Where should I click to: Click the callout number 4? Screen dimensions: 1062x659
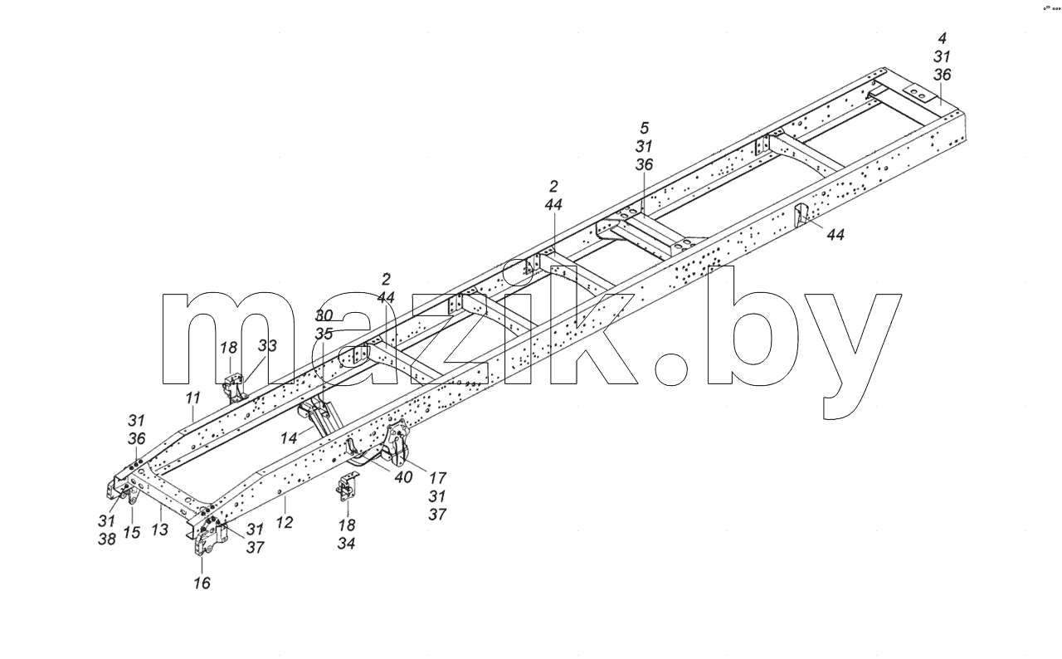(x=942, y=38)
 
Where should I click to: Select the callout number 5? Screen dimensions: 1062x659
(x=644, y=128)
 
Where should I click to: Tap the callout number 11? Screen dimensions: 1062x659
(x=192, y=398)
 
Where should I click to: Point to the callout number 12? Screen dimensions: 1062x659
(x=284, y=522)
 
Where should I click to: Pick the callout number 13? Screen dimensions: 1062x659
(x=160, y=530)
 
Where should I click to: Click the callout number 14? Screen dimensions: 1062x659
(x=289, y=438)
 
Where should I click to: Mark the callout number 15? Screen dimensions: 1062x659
(x=132, y=532)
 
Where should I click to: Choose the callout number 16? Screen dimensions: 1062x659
(x=202, y=583)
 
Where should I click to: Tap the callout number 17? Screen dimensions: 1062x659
(x=437, y=478)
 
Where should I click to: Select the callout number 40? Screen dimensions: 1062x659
(x=403, y=477)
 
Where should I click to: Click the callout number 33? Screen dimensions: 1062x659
(x=267, y=345)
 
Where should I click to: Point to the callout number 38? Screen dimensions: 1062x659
(x=107, y=539)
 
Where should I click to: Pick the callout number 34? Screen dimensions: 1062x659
(x=347, y=544)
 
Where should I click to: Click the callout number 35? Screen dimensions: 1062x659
(x=324, y=334)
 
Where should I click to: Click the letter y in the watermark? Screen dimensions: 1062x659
(x=854, y=355)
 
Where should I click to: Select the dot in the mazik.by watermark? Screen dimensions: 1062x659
(x=671, y=369)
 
